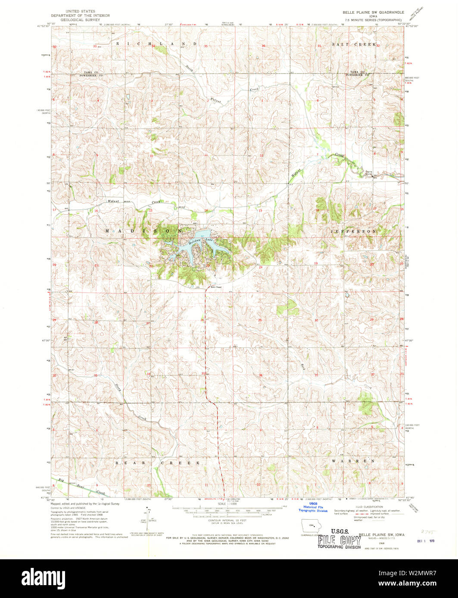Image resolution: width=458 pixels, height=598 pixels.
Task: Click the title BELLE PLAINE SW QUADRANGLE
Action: point(373,12)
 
